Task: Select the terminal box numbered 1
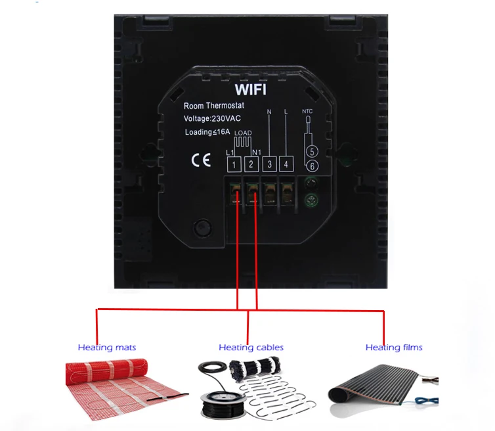pyautogui.click(x=234, y=164)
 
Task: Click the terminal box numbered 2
pyautogui.click(x=251, y=164)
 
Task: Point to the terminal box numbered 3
pyautogui.click(x=269, y=164)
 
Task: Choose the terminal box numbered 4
pyautogui.click(x=286, y=164)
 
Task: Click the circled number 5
pyautogui.click(x=312, y=152)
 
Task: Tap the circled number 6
pyautogui.click(x=312, y=166)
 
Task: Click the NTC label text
pyautogui.click(x=308, y=112)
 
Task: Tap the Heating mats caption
pyautogui.click(x=107, y=348)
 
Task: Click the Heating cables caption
pyautogui.click(x=251, y=348)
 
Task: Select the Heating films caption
pyautogui.click(x=394, y=348)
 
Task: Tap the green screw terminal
pyautogui.click(x=312, y=195)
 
